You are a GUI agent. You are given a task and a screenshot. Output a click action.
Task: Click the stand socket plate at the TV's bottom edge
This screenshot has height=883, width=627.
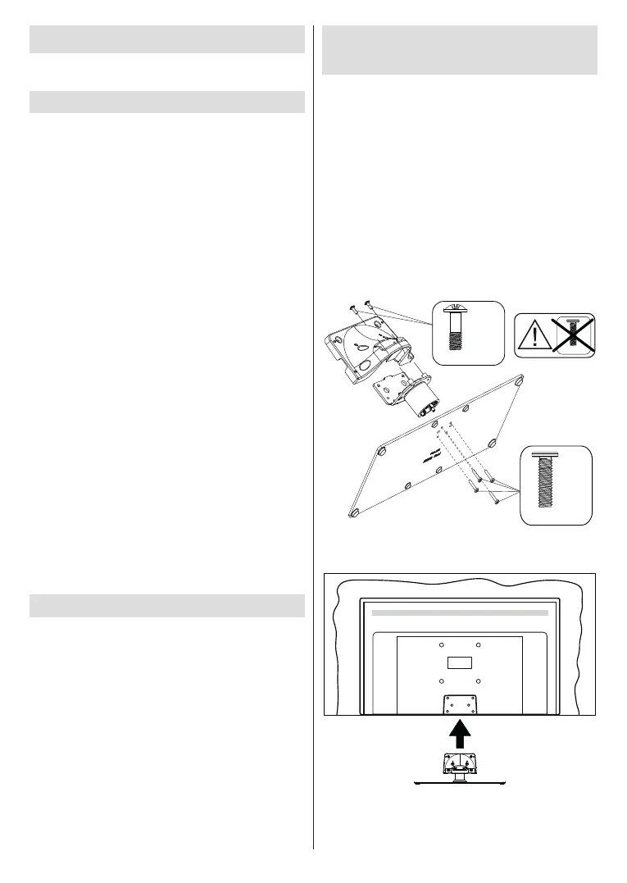click(459, 704)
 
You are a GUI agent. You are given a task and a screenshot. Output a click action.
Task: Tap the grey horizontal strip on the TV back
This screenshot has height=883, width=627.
click(459, 612)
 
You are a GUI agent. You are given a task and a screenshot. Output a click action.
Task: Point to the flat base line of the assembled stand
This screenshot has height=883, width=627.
click(459, 784)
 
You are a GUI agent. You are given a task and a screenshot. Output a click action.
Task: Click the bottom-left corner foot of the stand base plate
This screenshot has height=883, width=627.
click(353, 512)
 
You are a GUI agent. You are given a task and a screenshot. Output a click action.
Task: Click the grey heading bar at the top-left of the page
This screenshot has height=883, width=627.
click(167, 39)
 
